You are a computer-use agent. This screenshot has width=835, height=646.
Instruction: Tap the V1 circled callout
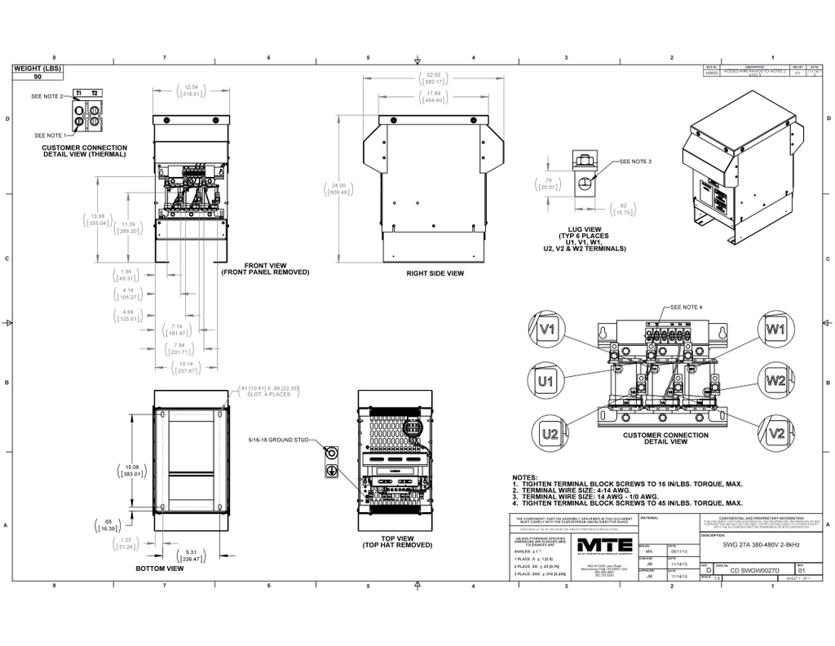click(x=548, y=330)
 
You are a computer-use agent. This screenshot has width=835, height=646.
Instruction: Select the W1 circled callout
click(x=775, y=330)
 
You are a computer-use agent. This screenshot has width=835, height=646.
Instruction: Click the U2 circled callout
click(x=549, y=432)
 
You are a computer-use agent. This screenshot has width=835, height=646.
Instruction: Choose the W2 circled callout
click(x=775, y=381)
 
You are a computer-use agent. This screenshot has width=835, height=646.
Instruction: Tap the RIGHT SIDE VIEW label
click(x=435, y=273)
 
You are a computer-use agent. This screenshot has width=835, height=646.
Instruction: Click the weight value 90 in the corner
click(x=38, y=76)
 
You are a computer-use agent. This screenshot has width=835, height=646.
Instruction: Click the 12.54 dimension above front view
click(x=192, y=86)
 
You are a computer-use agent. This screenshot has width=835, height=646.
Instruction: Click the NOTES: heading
click(x=525, y=476)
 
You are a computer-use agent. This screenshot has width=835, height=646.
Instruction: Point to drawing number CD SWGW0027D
click(x=754, y=571)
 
